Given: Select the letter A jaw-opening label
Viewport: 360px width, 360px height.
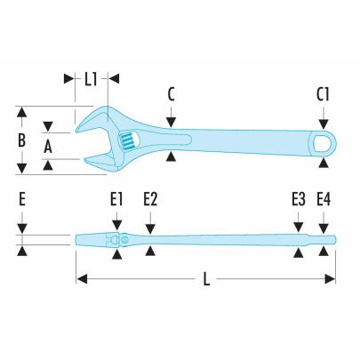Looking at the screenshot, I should (51, 144).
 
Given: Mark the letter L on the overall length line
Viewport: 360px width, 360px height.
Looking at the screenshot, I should (206, 279).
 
